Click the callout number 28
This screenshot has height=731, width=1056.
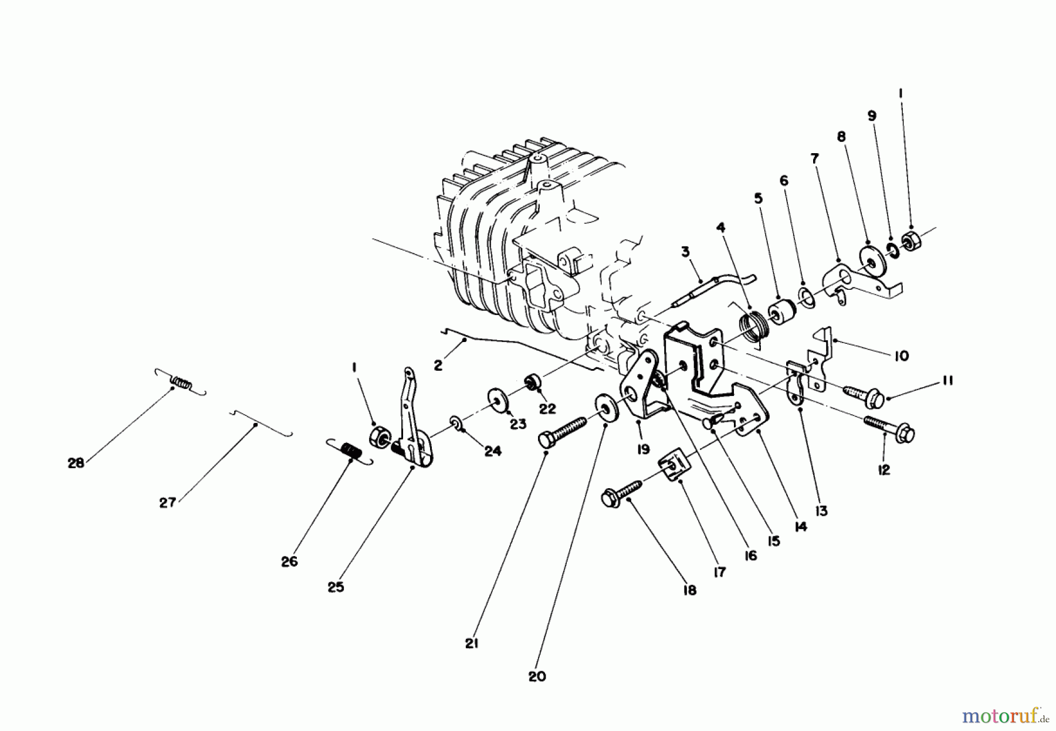76,463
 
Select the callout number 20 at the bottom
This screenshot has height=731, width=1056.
536,676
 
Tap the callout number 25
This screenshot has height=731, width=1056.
336,587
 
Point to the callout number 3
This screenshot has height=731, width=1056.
685,252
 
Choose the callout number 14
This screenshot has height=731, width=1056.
800,527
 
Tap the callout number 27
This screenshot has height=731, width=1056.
168,503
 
